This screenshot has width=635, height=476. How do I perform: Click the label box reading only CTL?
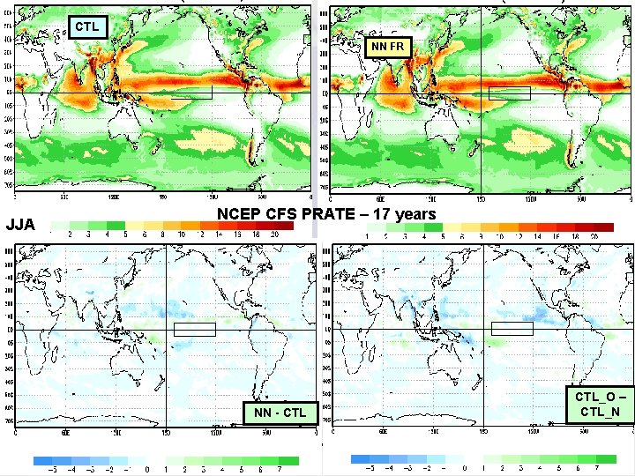point(87,26)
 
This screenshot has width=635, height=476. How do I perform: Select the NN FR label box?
point(388,46)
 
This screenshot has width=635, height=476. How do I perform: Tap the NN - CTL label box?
point(280,413)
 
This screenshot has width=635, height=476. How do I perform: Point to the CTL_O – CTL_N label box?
point(599,405)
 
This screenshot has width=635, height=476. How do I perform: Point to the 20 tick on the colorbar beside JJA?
point(276,235)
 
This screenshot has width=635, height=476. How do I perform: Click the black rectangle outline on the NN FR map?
point(510,93)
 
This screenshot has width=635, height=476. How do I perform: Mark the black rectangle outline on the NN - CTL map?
point(195,329)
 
